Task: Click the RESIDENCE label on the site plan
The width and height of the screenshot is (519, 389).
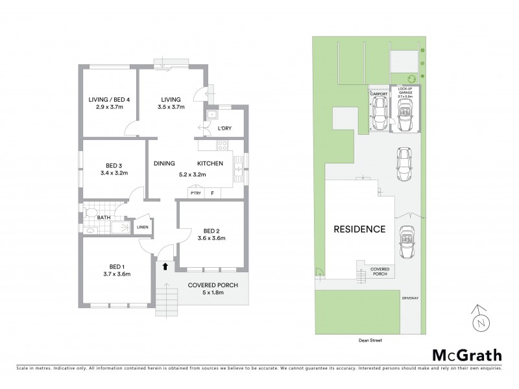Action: [x=359, y=229]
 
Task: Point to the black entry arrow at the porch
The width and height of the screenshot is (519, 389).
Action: [x=165, y=265]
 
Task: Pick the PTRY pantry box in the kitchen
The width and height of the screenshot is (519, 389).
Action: [x=195, y=193]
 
